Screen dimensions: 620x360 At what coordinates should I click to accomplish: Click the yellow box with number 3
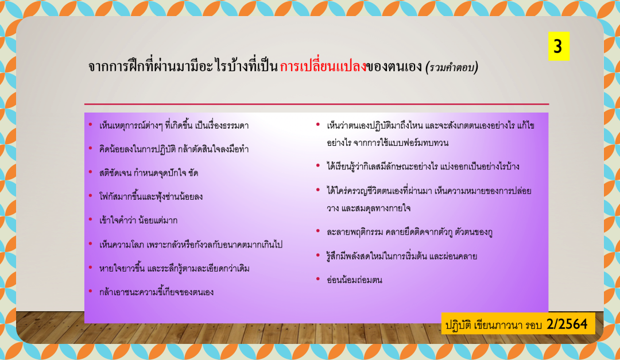click(x=559, y=46)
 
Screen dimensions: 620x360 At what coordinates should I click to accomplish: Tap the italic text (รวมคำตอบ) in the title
click(x=452, y=67)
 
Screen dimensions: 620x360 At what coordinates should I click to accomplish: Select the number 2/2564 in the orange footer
click(x=567, y=324)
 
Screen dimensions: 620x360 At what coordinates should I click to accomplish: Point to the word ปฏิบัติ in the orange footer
click(x=458, y=325)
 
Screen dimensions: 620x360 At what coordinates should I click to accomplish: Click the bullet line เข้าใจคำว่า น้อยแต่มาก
click(x=138, y=220)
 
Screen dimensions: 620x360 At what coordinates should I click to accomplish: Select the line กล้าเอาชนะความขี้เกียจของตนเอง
click(x=157, y=292)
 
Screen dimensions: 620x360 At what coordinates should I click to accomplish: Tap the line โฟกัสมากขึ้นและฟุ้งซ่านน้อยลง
click(x=151, y=196)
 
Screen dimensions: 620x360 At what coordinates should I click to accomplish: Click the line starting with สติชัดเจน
click(x=149, y=173)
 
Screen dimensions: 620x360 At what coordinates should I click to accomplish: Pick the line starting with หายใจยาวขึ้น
click(x=175, y=268)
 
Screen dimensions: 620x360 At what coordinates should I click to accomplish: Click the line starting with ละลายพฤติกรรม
click(x=410, y=232)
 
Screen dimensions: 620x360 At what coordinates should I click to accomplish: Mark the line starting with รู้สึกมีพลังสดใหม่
click(x=402, y=256)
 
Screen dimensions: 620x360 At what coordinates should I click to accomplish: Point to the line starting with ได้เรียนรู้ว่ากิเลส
click(x=423, y=166)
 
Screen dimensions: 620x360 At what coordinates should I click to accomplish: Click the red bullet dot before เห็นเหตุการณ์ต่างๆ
click(x=91, y=125)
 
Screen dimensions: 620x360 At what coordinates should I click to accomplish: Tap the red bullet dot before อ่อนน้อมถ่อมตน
click(x=318, y=279)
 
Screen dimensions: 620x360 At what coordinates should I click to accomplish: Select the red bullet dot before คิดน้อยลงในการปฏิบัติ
click(x=91, y=149)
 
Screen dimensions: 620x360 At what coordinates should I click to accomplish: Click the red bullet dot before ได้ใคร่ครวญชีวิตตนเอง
click(x=318, y=190)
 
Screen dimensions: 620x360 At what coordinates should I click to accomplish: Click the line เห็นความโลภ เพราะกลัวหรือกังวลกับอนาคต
click(x=191, y=245)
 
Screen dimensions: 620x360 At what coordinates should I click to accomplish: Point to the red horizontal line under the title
click(x=316, y=104)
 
